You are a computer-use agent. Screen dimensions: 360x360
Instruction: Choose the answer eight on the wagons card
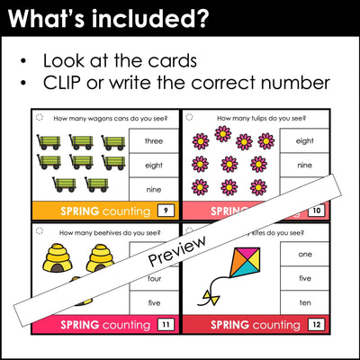153,165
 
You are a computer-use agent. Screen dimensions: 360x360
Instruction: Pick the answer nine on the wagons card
153,190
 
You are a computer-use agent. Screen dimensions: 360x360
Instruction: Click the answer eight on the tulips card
304,140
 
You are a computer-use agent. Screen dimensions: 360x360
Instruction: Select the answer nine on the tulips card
304,165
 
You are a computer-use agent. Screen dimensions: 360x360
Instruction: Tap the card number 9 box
165,211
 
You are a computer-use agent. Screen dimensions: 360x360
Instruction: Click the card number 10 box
314,211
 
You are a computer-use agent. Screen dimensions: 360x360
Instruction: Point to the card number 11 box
165,324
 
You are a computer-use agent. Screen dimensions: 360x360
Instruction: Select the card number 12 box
314,324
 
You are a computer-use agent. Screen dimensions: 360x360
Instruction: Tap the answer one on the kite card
304,254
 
